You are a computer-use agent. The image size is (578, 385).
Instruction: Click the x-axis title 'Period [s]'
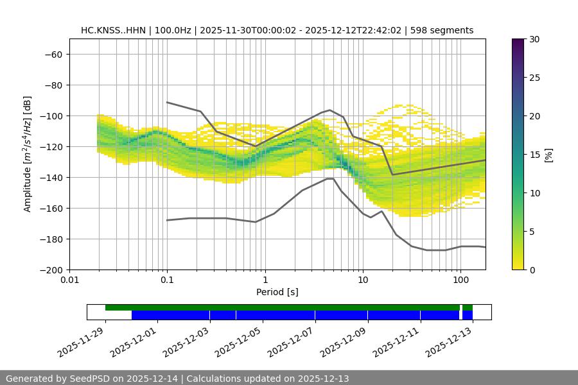tap(277, 292)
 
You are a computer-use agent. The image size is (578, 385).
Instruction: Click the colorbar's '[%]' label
tap(548, 155)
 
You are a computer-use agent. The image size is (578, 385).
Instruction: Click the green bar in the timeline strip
tap(283, 307)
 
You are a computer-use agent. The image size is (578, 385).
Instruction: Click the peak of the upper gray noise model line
tap(330, 110)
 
